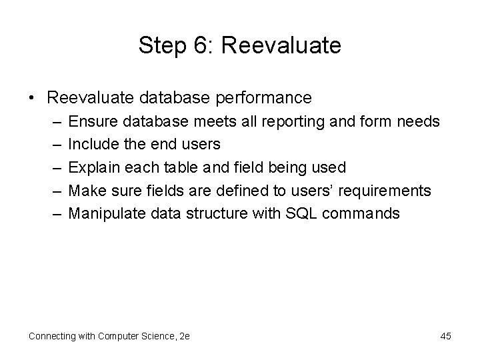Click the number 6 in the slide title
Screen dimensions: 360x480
coord(198,45)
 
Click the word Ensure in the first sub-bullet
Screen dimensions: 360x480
coord(91,121)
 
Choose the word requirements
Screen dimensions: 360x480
coord(385,191)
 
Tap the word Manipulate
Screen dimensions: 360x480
coord(103,214)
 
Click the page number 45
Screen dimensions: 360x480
coord(445,336)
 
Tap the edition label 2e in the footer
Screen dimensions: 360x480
coord(183,336)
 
